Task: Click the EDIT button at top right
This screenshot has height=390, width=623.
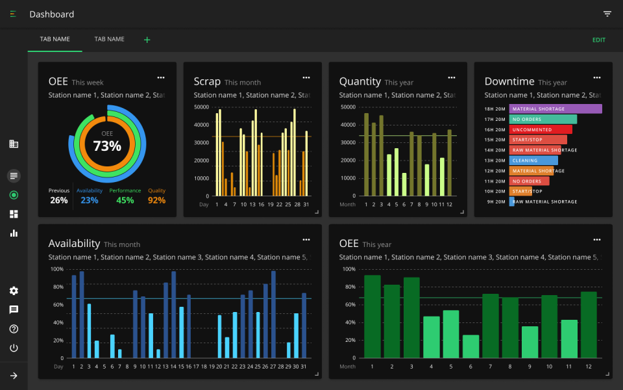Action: (598, 40)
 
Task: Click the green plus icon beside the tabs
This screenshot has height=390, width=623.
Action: (147, 40)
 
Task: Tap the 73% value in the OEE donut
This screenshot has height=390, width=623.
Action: (107, 146)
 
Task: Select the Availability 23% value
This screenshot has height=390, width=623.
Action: (90, 200)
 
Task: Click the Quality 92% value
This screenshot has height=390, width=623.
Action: (156, 200)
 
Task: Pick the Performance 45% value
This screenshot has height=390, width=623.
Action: (125, 200)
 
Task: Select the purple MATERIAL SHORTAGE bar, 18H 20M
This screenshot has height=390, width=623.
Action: (555, 109)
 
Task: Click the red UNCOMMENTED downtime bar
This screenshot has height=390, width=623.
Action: (540, 129)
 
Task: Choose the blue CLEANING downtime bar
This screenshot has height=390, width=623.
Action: (533, 161)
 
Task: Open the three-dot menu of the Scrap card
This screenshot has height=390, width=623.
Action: (306, 77)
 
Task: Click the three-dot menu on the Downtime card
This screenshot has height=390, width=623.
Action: (597, 77)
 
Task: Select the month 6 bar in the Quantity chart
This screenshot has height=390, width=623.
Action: (404, 184)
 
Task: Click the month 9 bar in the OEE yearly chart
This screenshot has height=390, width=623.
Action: (530, 342)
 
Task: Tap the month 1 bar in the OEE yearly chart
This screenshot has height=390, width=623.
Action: (372, 317)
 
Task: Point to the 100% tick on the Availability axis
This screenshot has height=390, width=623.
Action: (57, 269)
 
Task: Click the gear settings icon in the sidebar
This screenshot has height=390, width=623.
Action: (14, 291)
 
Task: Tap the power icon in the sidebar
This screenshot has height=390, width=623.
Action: (14, 348)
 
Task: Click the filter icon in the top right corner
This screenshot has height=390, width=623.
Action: (607, 14)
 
